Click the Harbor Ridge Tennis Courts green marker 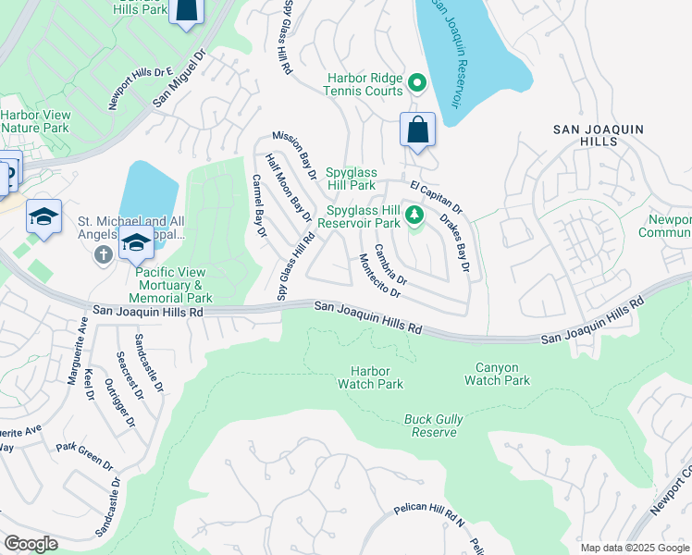click(417, 83)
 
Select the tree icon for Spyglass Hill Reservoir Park click(415, 216)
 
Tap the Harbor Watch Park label click(370, 376)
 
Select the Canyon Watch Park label click(497, 374)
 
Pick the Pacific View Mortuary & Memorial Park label click(173, 285)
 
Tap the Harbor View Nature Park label click(35, 121)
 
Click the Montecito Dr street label click(379, 276)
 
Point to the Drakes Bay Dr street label click(455, 244)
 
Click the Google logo click(31, 544)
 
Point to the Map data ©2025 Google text click(634, 548)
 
